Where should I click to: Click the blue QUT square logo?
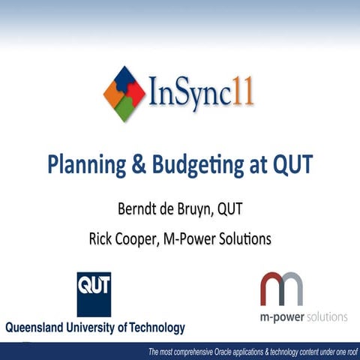click(94, 293)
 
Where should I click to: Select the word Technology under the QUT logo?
click(149, 328)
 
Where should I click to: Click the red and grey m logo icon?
click(282, 289)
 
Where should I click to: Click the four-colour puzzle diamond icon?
click(124, 94)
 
